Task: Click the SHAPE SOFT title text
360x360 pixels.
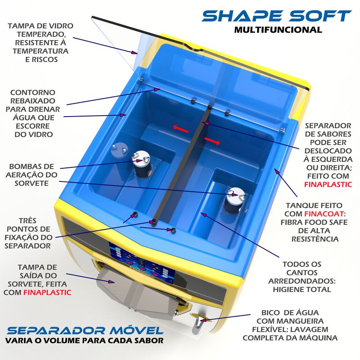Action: [x=277, y=16]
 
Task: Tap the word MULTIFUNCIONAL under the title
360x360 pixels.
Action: [x=278, y=30]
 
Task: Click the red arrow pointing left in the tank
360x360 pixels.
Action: [x=181, y=129]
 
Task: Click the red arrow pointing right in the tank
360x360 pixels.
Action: [x=212, y=141]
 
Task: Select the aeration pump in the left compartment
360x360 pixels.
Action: [x=141, y=164]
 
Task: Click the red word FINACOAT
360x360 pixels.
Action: [x=324, y=214]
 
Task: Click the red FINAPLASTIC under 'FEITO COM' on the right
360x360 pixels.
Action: [x=328, y=184]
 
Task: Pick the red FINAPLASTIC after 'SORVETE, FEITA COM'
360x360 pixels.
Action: [x=47, y=292]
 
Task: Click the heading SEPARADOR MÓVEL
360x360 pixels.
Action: [x=85, y=330]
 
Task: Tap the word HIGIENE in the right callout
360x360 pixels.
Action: [x=288, y=289]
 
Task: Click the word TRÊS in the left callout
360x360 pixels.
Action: [x=27, y=220]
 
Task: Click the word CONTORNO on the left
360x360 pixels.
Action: [x=33, y=93]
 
